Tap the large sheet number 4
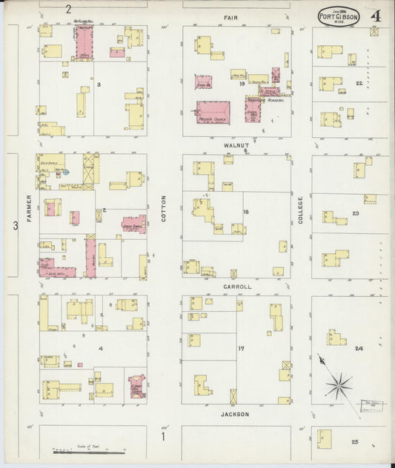click(376, 16)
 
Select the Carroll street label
click(237, 286)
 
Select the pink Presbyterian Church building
click(213, 113)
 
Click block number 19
click(242, 84)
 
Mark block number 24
click(359, 348)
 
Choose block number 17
click(241, 348)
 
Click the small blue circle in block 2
click(65, 172)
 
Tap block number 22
click(359, 84)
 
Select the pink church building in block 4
click(137, 386)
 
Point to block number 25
click(355, 442)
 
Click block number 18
click(245, 212)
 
